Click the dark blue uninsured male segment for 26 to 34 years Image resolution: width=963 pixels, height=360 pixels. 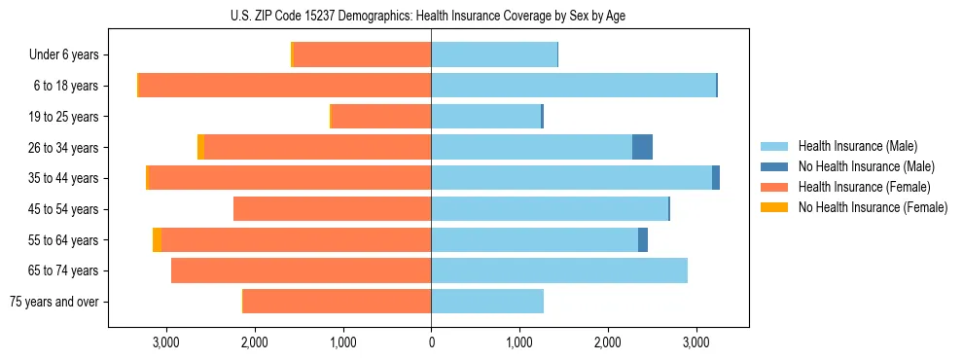pyautogui.click(x=642, y=147)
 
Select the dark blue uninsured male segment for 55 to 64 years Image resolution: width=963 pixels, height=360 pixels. pyautogui.click(x=643, y=239)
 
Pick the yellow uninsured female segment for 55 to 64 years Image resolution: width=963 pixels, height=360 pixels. pyautogui.click(x=158, y=239)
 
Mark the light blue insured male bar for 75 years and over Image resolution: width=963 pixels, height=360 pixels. pyautogui.click(x=487, y=302)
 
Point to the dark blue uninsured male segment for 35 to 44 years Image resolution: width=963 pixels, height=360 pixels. pyautogui.click(x=716, y=178)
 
